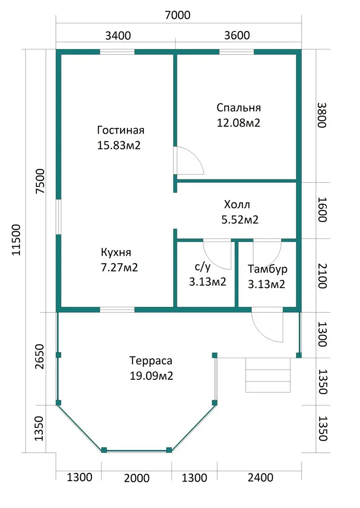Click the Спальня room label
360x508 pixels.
point(238,108)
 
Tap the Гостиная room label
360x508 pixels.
point(121,130)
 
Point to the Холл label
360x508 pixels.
point(237,205)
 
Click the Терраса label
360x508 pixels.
point(151,361)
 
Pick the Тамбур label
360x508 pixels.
point(267,269)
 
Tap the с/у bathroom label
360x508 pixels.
point(203,267)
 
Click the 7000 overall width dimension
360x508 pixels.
point(178,15)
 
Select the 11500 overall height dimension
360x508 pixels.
point(16,240)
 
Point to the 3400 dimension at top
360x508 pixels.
point(118,36)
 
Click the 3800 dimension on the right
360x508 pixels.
point(322,115)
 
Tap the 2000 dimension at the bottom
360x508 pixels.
point(137,478)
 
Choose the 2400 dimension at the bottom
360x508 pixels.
point(261,477)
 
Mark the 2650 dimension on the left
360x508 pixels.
point(40,356)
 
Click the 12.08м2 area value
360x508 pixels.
point(238,123)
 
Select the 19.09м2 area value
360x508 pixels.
point(151,376)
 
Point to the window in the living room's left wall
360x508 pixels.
point(58,216)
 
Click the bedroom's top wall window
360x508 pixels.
point(237,52)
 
